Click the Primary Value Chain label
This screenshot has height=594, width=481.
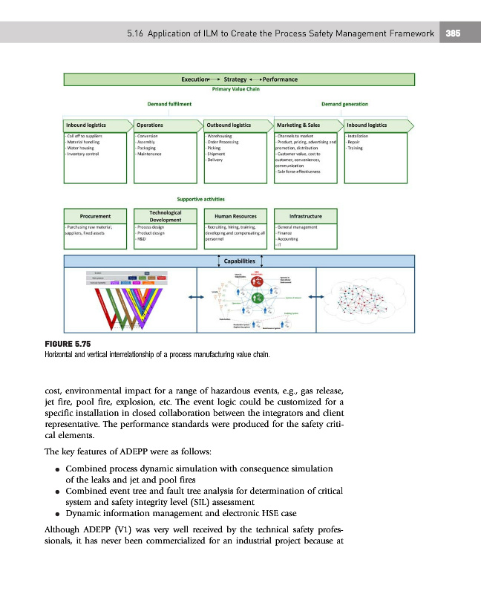[235, 88]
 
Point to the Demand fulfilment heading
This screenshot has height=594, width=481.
[168, 104]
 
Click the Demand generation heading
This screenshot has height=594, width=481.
[345, 104]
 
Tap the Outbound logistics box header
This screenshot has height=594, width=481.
[228, 125]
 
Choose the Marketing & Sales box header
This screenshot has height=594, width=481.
[298, 125]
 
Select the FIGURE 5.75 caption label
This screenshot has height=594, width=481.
[67, 345]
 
